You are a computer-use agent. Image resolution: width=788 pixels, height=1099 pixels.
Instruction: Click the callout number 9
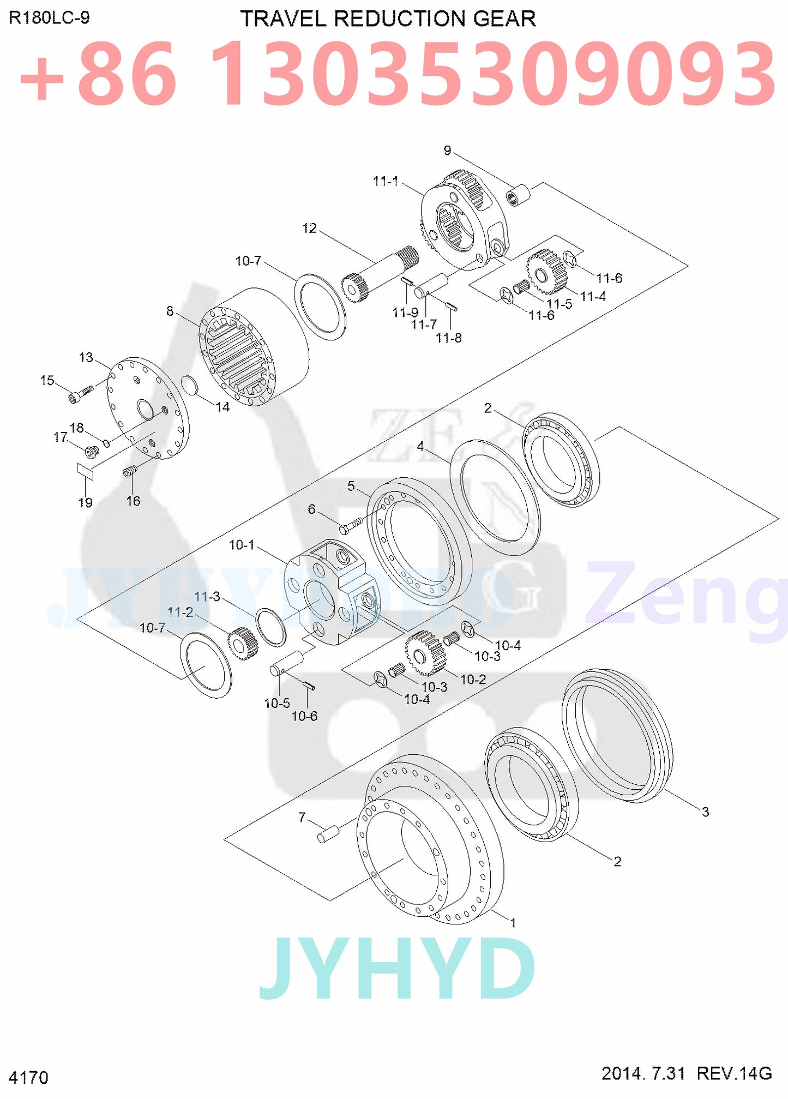click(447, 151)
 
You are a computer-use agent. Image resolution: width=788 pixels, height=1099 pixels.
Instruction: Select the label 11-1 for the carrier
click(386, 181)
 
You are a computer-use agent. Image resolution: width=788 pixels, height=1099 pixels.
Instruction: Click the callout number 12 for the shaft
click(309, 228)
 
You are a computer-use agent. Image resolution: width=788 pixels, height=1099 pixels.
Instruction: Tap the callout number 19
click(85, 502)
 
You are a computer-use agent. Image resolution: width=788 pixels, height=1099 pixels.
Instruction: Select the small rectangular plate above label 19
click(85, 471)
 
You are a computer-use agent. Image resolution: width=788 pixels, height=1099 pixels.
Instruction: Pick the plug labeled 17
click(92, 452)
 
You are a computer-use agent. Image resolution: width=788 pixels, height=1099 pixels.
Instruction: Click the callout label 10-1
click(242, 545)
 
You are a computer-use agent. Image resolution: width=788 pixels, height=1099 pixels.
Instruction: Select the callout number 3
click(705, 812)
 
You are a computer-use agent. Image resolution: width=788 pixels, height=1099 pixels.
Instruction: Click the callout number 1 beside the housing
click(513, 923)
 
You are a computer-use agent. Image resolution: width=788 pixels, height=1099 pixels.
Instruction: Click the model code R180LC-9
click(49, 18)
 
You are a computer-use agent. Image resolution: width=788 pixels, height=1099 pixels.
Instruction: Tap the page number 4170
click(28, 1078)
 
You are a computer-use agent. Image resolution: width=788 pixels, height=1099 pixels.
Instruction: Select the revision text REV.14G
click(734, 1073)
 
